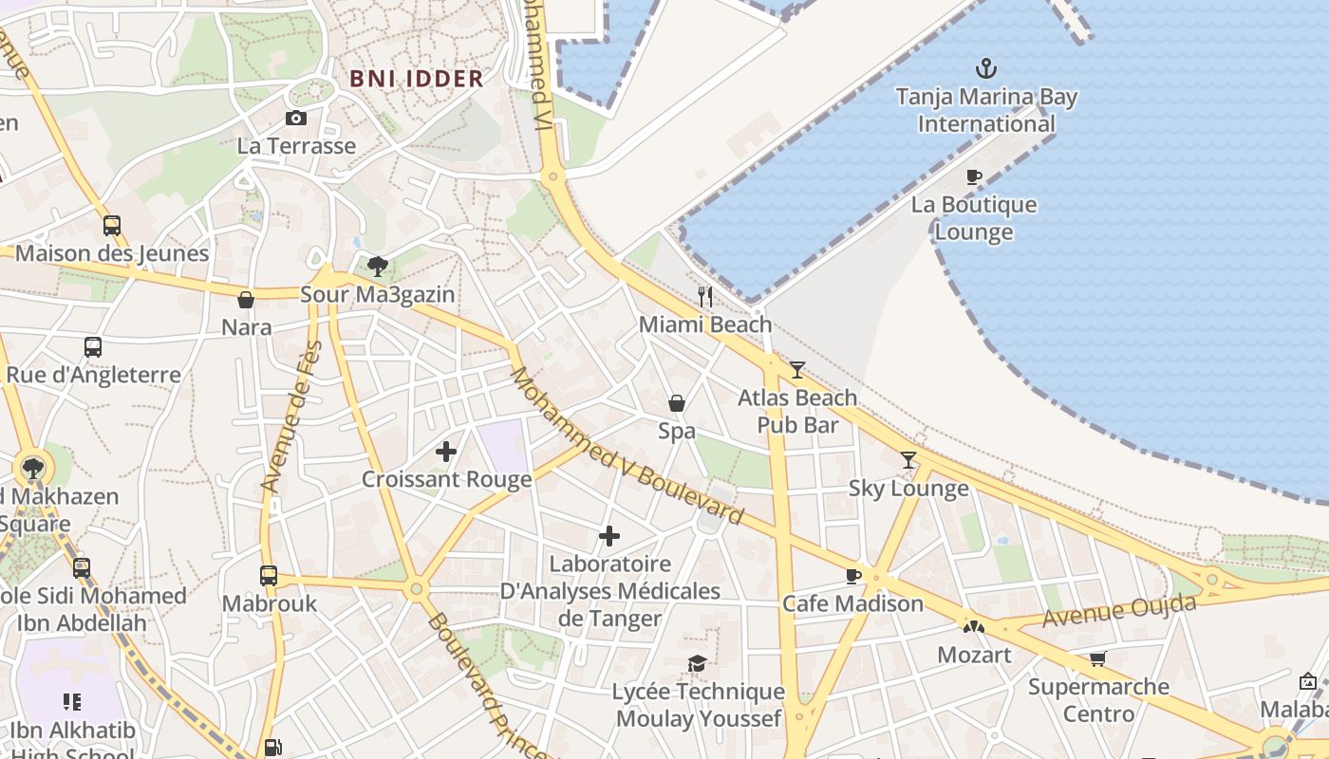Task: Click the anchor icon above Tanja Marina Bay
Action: (x=986, y=68)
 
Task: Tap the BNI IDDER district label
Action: (x=417, y=79)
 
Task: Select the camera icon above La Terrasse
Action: (x=296, y=119)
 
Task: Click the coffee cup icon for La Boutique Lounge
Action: (x=973, y=176)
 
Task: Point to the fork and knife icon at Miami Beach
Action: (x=704, y=297)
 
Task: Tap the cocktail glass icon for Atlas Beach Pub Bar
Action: (x=797, y=370)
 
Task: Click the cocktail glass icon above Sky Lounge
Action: (x=908, y=460)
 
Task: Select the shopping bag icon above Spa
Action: (x=677, y=404)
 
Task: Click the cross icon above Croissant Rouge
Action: (x=446, y=452)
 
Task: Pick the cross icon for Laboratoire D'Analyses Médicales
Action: (x=609, y=537)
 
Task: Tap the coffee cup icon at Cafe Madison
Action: (x=852, y=576)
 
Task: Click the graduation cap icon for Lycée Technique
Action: (x=698, y=663)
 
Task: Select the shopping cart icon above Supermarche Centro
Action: (x=1098, y=658)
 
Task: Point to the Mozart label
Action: (x=974, y=655)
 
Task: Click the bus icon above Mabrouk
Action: (x=269, y=576)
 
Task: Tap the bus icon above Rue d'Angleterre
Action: (x=92, y=347)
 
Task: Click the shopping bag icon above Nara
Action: (x=246, y=301)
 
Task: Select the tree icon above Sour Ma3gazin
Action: (x=378, y=266)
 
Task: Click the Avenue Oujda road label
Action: (x=1119, y=609)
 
